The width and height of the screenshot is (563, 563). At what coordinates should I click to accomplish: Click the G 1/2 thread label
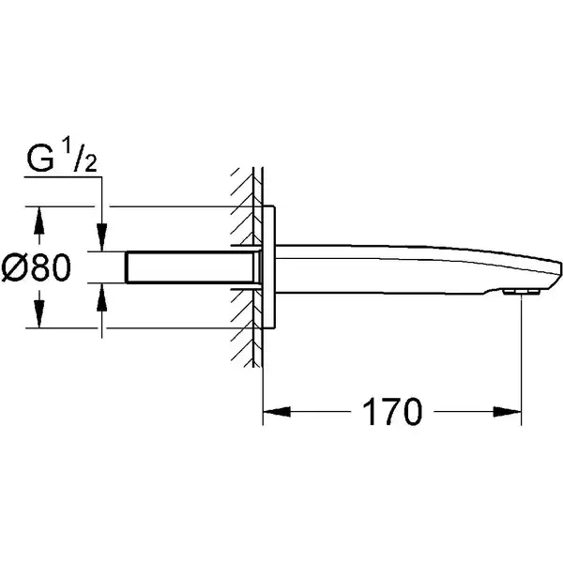[62, 156]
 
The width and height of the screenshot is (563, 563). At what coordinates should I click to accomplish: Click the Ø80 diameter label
[37, 266]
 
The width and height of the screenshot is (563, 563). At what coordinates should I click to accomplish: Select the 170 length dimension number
[392, 412]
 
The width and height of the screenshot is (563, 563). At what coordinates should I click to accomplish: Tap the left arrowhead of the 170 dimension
[277, 412]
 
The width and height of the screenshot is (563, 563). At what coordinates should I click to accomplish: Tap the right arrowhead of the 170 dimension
[507, 412]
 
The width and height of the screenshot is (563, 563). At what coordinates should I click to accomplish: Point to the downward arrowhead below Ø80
[39, 313]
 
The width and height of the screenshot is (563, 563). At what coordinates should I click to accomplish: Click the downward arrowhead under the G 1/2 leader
[102, 237]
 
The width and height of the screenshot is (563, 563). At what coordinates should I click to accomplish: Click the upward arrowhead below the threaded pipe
[102, 297]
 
